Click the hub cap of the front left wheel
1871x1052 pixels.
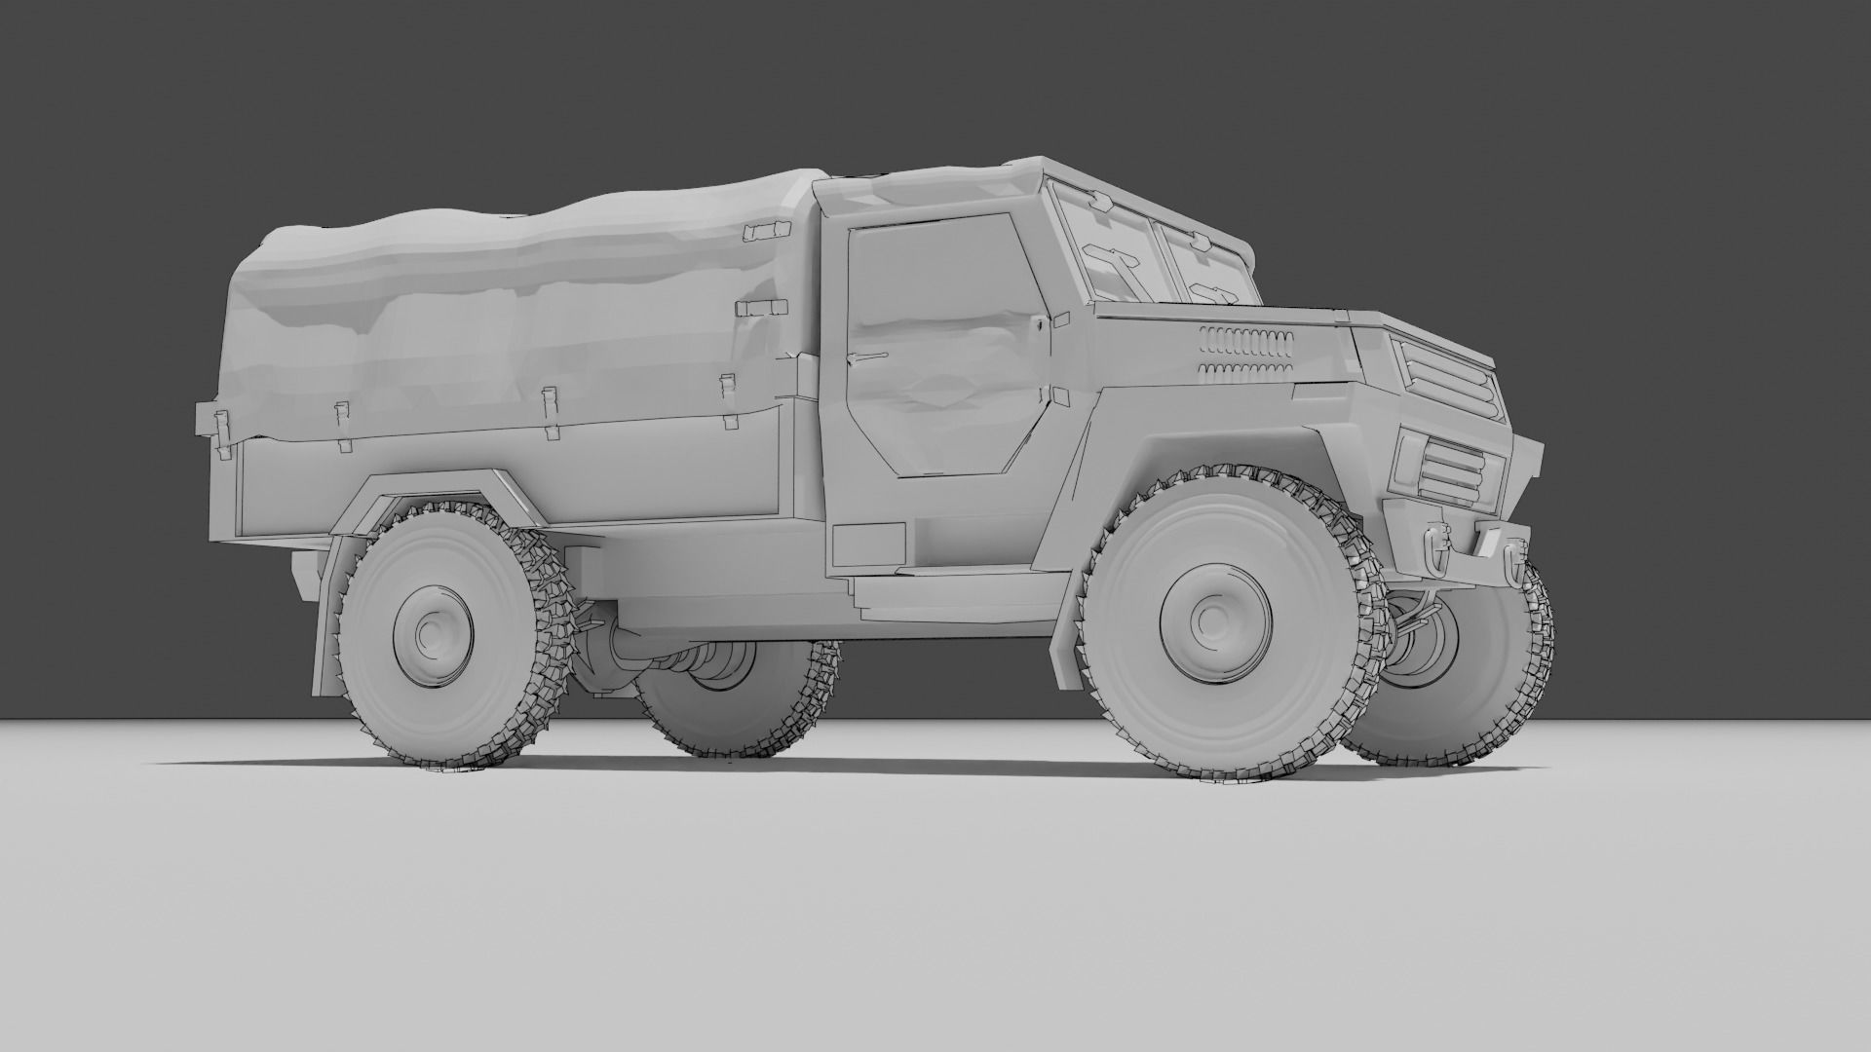(1210, 619)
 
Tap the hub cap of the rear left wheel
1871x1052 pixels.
(432, 634)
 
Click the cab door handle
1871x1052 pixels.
(869, 357)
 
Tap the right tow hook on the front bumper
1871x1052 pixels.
(1511, 563)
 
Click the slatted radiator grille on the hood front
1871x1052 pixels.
(1446, 375)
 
